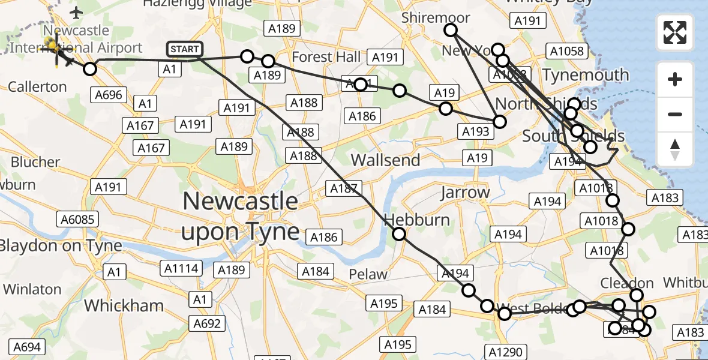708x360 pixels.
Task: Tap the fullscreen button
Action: tap(675, 32)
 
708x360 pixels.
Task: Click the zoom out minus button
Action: tap(675, 114)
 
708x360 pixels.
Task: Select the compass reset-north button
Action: tap(675, 149)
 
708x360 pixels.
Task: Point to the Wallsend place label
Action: tap(385, 160)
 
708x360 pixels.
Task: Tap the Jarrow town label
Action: tap(465, 193)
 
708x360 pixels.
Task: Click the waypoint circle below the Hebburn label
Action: tap(399, 235)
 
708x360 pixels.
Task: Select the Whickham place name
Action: tap(124, 305)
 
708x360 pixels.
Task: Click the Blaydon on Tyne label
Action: tap(61, 245)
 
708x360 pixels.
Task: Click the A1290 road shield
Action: tap(506, 352)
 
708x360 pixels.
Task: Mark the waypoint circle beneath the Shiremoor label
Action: tap(450, 30)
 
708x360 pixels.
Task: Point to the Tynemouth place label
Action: tap(586, 75)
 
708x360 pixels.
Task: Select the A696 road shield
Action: tap(108, 94)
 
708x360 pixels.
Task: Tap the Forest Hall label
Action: tap(327, 57)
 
